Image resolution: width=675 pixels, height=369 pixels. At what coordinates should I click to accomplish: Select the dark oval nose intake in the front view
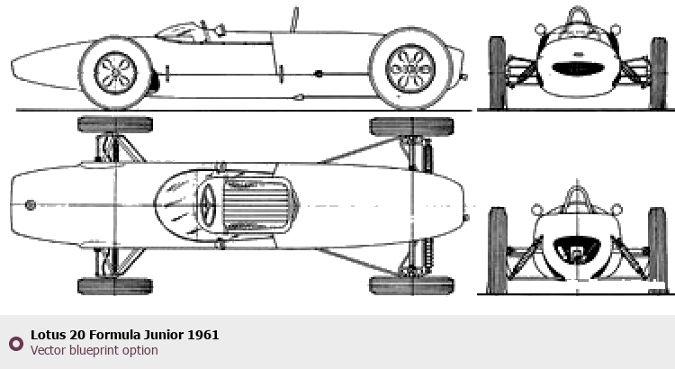[x=576, y=67]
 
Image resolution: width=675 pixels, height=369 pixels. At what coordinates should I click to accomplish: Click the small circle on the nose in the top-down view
[x=31, y=205]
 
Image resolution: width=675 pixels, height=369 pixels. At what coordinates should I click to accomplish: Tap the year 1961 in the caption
[x=203, y=335]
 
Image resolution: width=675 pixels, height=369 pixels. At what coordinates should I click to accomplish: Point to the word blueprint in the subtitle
[x=97, y=350]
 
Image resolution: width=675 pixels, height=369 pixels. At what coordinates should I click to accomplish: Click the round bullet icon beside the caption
[x=15, y=343]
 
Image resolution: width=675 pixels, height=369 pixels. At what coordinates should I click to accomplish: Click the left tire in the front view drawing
[x=497, y=72]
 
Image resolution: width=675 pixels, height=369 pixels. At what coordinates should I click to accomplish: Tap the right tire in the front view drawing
[x=659, y=72]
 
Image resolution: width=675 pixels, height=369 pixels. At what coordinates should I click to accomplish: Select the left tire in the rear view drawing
[x=497, y=249]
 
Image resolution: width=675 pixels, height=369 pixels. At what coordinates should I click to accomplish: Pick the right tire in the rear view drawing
[x=658, y=249]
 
